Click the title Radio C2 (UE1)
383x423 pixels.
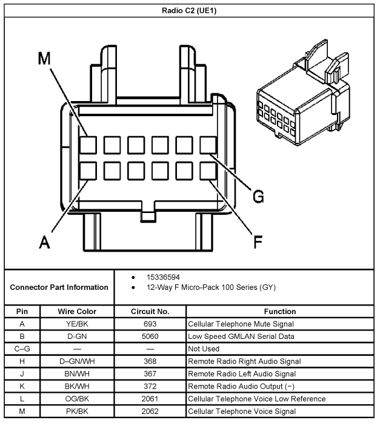191,10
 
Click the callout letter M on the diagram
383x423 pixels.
44,58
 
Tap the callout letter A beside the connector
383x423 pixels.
44,242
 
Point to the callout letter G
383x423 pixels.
258,196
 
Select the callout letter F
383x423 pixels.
258,242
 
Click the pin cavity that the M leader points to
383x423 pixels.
88,145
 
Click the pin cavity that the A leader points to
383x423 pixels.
88,170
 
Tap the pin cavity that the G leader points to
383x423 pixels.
208,145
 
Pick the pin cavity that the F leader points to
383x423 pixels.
208,170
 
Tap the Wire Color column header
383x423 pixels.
77,312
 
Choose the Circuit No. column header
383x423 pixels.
150,312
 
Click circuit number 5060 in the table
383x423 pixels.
150,336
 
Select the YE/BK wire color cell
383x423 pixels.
77,324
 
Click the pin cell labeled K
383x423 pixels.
22,386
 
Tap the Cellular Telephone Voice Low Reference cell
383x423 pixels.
257,399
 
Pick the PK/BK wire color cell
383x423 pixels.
77,412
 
